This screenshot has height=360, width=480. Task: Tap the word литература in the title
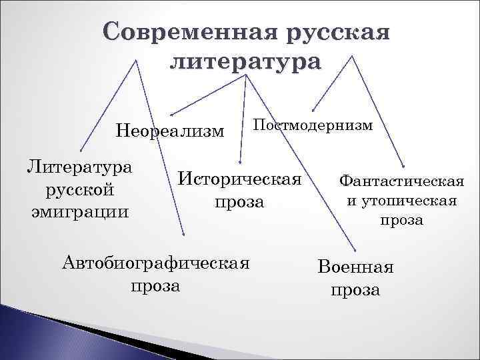coord(245,62)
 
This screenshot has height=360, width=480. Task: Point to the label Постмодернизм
coord(313,126)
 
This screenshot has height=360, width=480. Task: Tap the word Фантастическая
coord(401,181)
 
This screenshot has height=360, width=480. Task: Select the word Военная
coord(356,268)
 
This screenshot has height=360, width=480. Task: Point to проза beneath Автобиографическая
coord(155,286)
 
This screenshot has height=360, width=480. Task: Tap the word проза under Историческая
coord(239,201)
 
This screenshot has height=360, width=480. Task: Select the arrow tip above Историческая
coord(241,161)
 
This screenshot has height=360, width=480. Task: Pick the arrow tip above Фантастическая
coord(403,165)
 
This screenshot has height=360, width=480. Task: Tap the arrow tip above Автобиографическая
coord(185,234)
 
